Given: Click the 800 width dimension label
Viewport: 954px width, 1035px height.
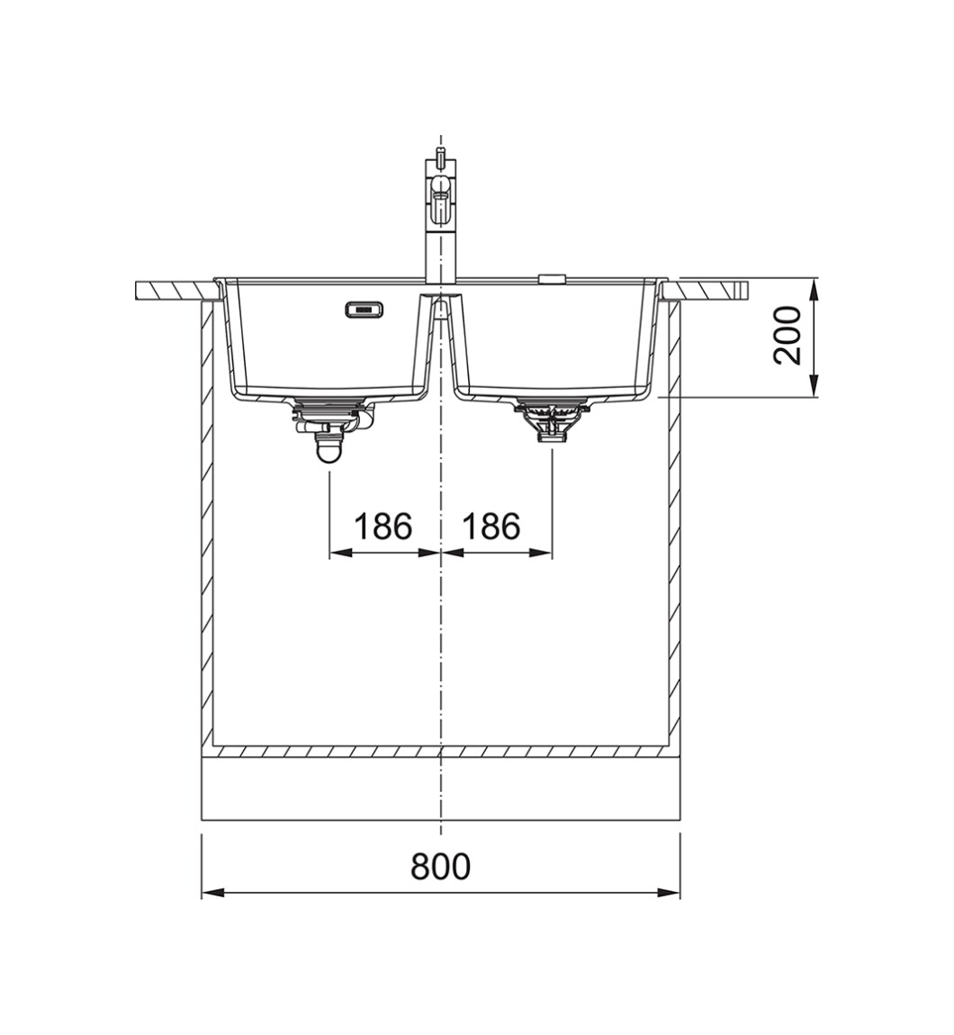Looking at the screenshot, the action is point(440,866).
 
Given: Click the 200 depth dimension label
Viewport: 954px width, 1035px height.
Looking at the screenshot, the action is point(787,336).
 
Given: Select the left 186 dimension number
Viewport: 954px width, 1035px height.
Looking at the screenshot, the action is point(382,526).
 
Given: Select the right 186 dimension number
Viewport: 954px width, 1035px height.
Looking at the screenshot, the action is point(491,526).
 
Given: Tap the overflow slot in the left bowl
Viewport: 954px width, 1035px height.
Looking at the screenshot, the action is point(364,309).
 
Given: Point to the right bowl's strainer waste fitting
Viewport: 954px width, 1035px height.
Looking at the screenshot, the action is point(551,420).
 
